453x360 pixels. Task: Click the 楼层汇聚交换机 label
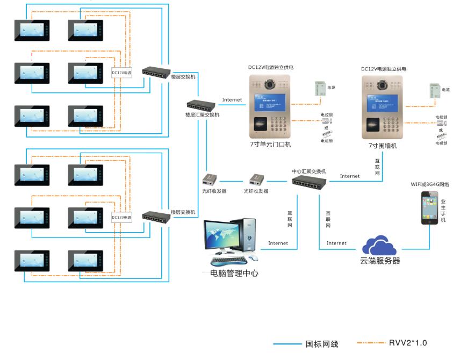202,115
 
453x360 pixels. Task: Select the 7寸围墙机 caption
383,146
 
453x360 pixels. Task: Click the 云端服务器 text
380,262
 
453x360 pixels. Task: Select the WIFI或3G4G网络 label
430,184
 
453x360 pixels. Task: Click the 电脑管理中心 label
234,273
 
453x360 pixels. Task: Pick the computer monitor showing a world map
221,237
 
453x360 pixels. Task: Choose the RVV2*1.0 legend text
408,343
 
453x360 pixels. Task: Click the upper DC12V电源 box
122,71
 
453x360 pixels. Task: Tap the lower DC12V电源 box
121,218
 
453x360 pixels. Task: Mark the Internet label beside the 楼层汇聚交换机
232,100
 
